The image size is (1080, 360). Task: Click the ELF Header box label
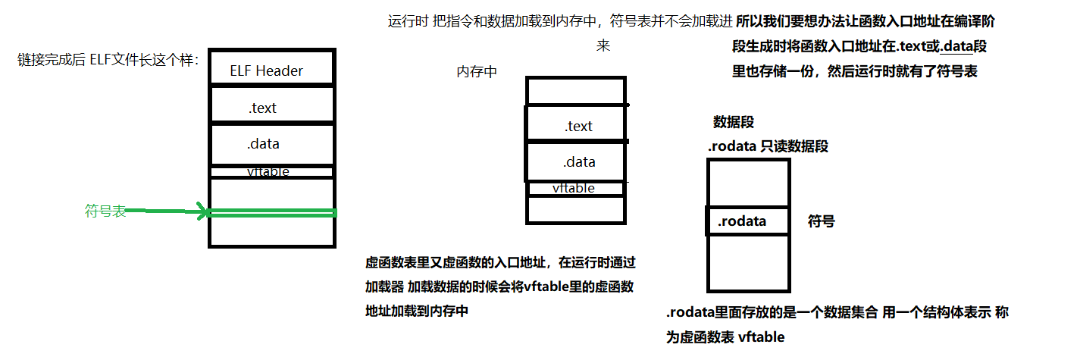pyautogui.click(x=266, y=71)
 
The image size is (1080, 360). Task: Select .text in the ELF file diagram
pyautogui.click(x=262, y=108)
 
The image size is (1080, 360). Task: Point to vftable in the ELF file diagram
pyautogui.click(x=268, y=172)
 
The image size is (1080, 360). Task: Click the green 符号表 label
pyautogui.click(x=105, y=211)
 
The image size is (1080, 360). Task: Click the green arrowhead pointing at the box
pyautogui.click(x=202, y=212)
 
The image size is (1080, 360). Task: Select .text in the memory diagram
pyautogui.click(x=578, y=126)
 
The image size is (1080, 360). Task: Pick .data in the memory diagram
pyautogui.click(x=579, y=162)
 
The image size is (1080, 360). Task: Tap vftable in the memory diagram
pyautogui.click(x=573, y=188)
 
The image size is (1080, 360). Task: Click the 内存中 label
pyautogui.click(x=477, y=72)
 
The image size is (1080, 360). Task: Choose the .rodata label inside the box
pyautogui.click(x=742, y=221)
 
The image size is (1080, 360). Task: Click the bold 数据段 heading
pyautogui.click(x=733, y=122)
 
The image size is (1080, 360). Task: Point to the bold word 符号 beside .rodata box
pyautogui.click(x=821, y=221)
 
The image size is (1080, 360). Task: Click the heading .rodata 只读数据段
pyautogui.click(x=768, y=146)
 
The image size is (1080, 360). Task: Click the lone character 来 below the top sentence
pyautogui.click(x=603, y=46)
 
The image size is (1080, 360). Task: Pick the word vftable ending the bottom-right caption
pyautogui.click(x=761, y=337)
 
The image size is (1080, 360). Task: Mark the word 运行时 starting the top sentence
pyautogui.click(x=409, y=21)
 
